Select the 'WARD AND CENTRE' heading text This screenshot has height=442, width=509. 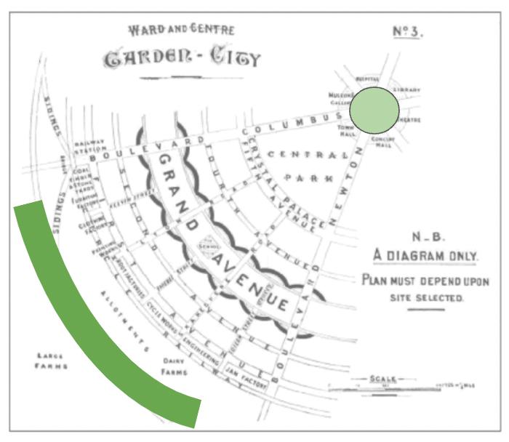click(171, 31)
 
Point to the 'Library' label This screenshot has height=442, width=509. click(407, 89)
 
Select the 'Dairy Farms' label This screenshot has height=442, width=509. click(174, 366)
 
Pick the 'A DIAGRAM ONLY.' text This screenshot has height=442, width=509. click(425, 256)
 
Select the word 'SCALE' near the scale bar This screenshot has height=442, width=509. click(383, 379)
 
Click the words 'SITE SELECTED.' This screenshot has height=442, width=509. click(425, 298)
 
